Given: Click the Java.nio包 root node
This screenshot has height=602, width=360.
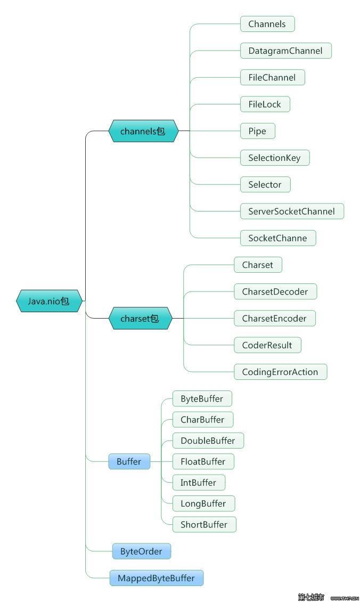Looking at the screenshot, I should click(x=49, y=301).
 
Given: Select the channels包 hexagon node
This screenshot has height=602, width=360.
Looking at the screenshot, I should click(x=143, y=131).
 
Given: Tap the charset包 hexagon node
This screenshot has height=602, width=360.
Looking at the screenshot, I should click(x=140, y=319).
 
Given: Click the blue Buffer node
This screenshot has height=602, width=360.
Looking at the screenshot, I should click(x=129, y=461).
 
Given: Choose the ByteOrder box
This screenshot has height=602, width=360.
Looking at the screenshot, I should click(x=141, y=551).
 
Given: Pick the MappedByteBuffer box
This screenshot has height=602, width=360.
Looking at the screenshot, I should click(x=156, y=578).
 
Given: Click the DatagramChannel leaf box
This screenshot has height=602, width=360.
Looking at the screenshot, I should click(x=285, y=51).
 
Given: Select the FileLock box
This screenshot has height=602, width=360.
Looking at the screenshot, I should click(x=265, y=104).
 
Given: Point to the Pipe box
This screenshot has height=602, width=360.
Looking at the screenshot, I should click(x=257, y=131).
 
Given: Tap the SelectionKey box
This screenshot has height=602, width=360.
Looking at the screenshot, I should click(x=274, y=158).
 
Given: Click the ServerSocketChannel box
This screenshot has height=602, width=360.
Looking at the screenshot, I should click(x=291, y=211).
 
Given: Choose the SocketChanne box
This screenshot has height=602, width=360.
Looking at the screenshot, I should click(x=277, y=238).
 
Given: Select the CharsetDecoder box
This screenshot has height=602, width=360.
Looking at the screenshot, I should click(x=275, y=291).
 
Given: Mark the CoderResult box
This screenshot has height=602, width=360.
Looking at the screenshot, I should click(x=267, y=345).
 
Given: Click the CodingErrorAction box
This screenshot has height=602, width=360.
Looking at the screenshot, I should click(x=280, y=372).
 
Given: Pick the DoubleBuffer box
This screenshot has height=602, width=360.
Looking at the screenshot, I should click(x=208, y=441).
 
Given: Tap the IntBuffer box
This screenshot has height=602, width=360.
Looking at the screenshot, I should click(x=198, y=483).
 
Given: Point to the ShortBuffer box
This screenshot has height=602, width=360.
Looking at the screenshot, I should click(x=204, y=525).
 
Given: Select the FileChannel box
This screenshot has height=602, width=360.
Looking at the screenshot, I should click(x=272, y=78).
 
